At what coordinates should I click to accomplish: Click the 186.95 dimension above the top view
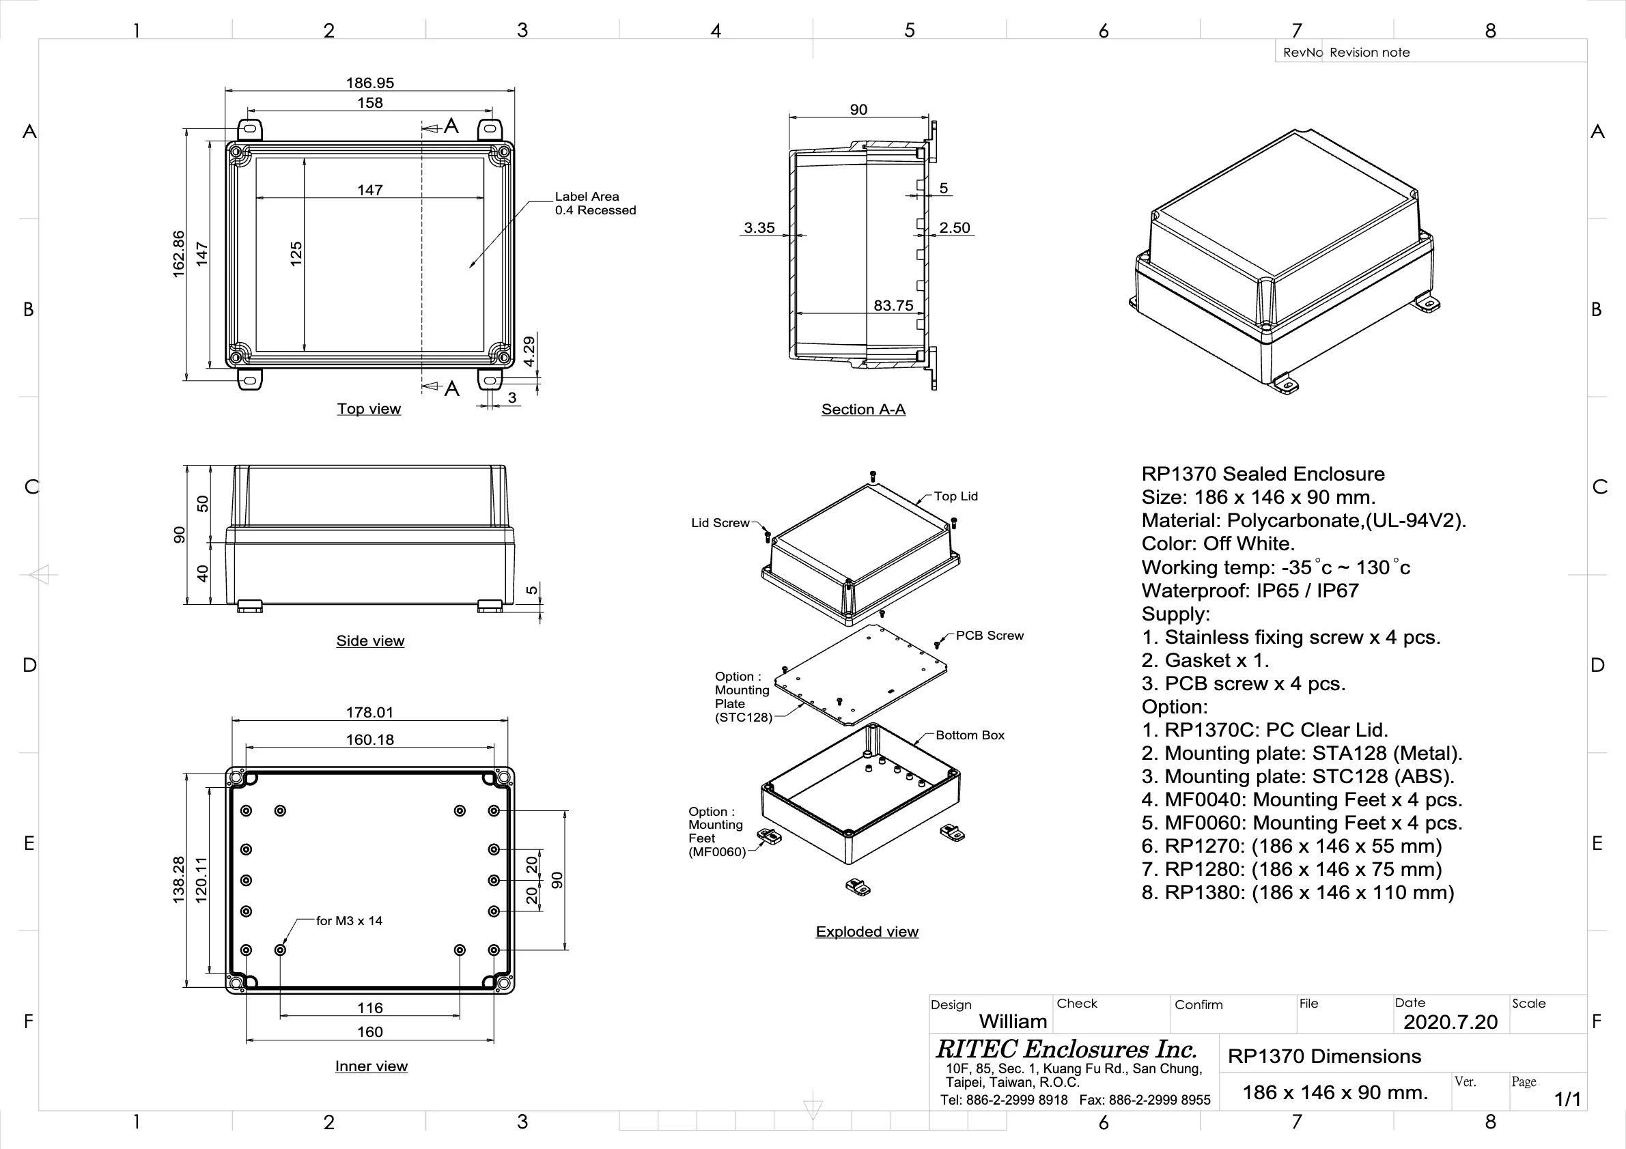[369, 83]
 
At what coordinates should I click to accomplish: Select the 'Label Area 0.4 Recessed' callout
[595, 203]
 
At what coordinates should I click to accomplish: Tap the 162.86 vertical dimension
[178, 253]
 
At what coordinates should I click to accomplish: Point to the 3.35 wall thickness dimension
[759, 228]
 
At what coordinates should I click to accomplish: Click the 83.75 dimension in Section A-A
[893, 306]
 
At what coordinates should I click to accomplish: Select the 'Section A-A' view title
[863, 409]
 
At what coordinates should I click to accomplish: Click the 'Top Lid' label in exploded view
[955, 496]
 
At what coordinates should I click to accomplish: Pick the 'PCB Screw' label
[990, 636]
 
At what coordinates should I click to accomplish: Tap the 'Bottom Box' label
[970, 735]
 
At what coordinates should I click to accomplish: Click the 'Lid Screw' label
[720, 523]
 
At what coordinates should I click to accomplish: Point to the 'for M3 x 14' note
[349, 921]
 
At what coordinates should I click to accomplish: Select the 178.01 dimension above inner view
[369, 712]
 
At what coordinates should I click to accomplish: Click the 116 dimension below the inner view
[369, 1008]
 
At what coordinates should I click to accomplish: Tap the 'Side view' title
[370, 640]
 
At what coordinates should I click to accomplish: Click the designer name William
[1013, 1021]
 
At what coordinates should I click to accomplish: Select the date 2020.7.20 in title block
[1450, 1022]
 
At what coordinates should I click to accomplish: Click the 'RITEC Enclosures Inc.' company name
[1067, 1049]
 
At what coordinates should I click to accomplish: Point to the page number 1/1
[1567, 1098]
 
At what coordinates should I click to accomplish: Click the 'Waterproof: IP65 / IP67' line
[1250, 591]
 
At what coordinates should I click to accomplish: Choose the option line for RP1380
[1298, 893]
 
